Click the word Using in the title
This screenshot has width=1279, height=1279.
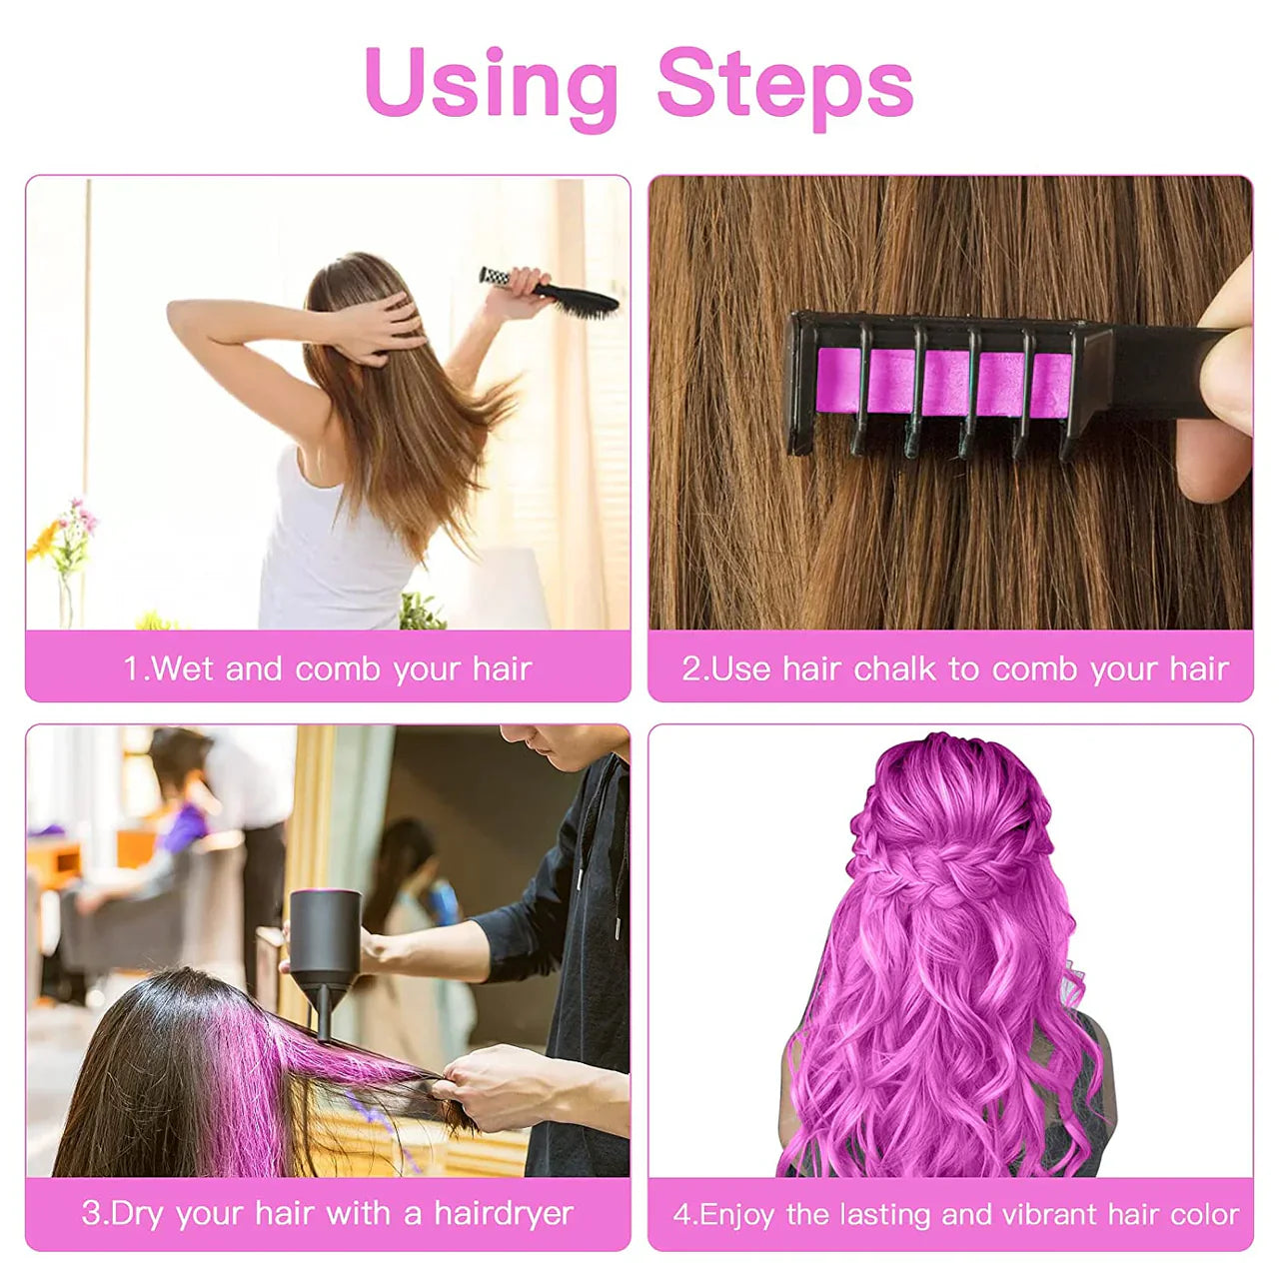(491, 84)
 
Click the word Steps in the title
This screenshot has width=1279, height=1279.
(785, 84)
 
